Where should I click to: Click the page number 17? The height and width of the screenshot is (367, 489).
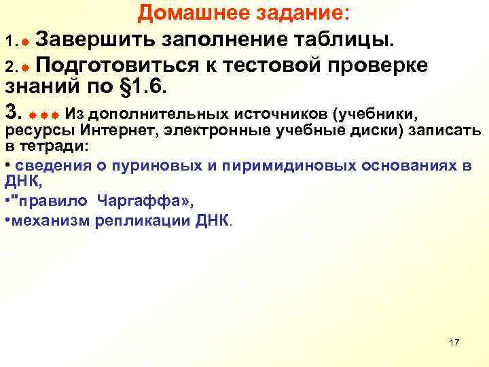tap(454, 342)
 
